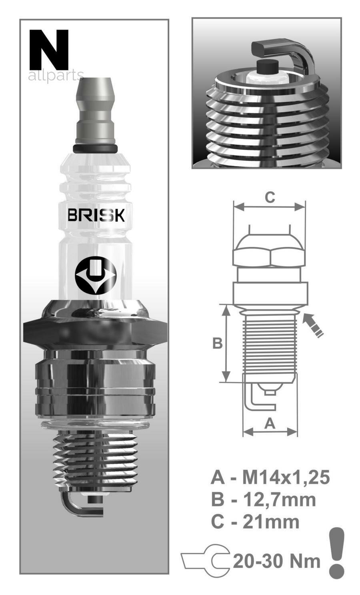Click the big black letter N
click(49, 50)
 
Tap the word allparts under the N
click(56, 76)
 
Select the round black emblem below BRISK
click(96, 275)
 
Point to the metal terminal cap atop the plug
click(96, 111)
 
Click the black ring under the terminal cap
click(95, 149)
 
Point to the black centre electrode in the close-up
click(268, 67)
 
